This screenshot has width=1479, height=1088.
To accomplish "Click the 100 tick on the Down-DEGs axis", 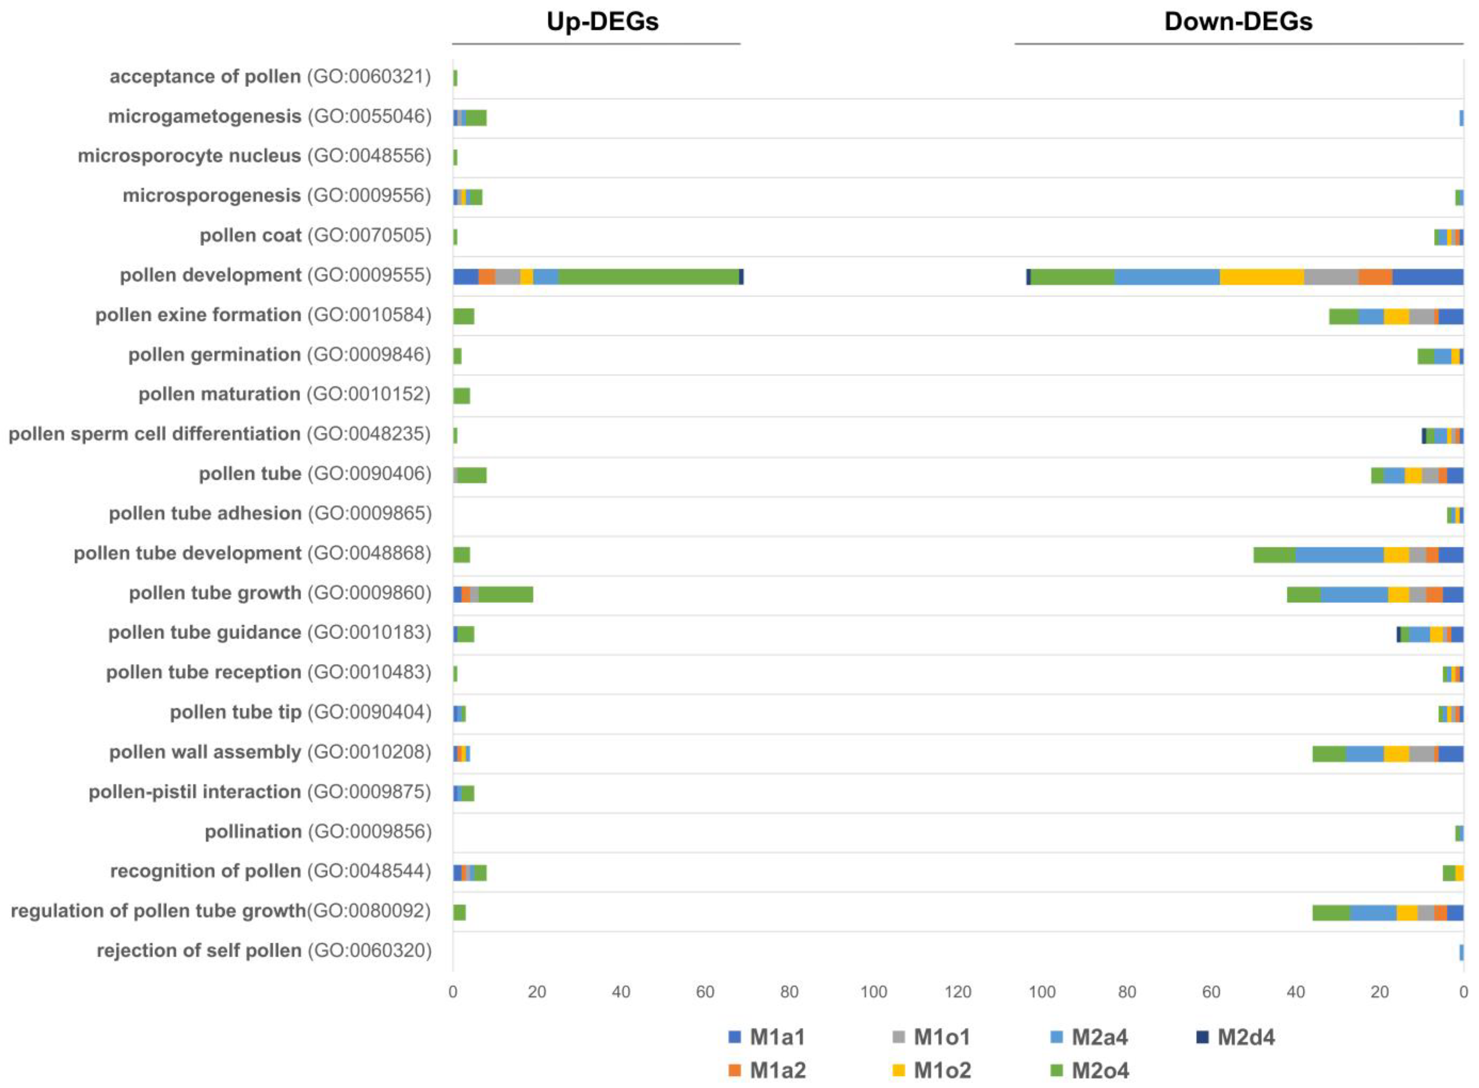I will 1042,992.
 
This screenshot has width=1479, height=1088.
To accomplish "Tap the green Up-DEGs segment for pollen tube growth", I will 505,594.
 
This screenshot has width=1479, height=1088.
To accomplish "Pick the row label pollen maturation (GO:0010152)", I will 285,395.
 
